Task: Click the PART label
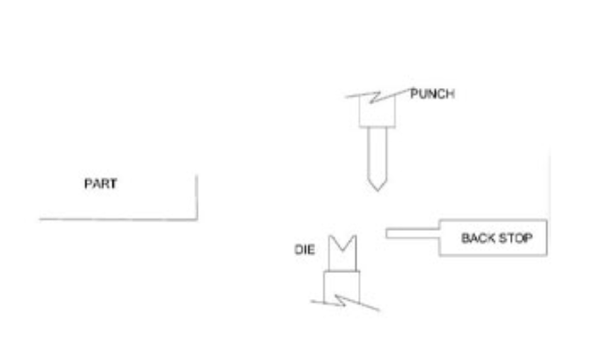point(98,186)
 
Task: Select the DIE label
point(305,252)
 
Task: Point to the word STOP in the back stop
point(517,239)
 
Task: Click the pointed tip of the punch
point(375,190)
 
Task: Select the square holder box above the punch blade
point(378,113)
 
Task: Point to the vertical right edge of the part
point(196,197)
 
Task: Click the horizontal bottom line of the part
point(117,219)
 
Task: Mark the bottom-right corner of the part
point(196,219)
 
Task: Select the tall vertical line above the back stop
point(548,187)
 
